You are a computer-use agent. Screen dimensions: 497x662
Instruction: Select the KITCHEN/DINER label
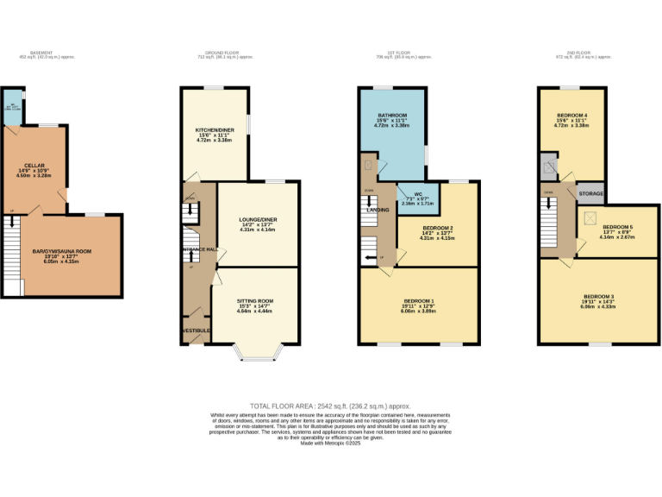click(213, 130)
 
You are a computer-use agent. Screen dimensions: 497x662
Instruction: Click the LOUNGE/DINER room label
click(258, 220)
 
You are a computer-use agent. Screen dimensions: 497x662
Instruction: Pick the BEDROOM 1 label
click(420, 300)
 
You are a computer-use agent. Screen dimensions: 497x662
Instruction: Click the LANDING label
click(378, 210)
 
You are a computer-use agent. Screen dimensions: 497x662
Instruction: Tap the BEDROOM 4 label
click(571, 116)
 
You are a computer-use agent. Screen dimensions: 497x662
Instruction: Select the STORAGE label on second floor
click(590, 194)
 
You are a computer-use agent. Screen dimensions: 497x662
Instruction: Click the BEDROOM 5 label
click(617, 227)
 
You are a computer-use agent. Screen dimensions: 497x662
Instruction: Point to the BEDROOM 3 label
click(598, 296)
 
